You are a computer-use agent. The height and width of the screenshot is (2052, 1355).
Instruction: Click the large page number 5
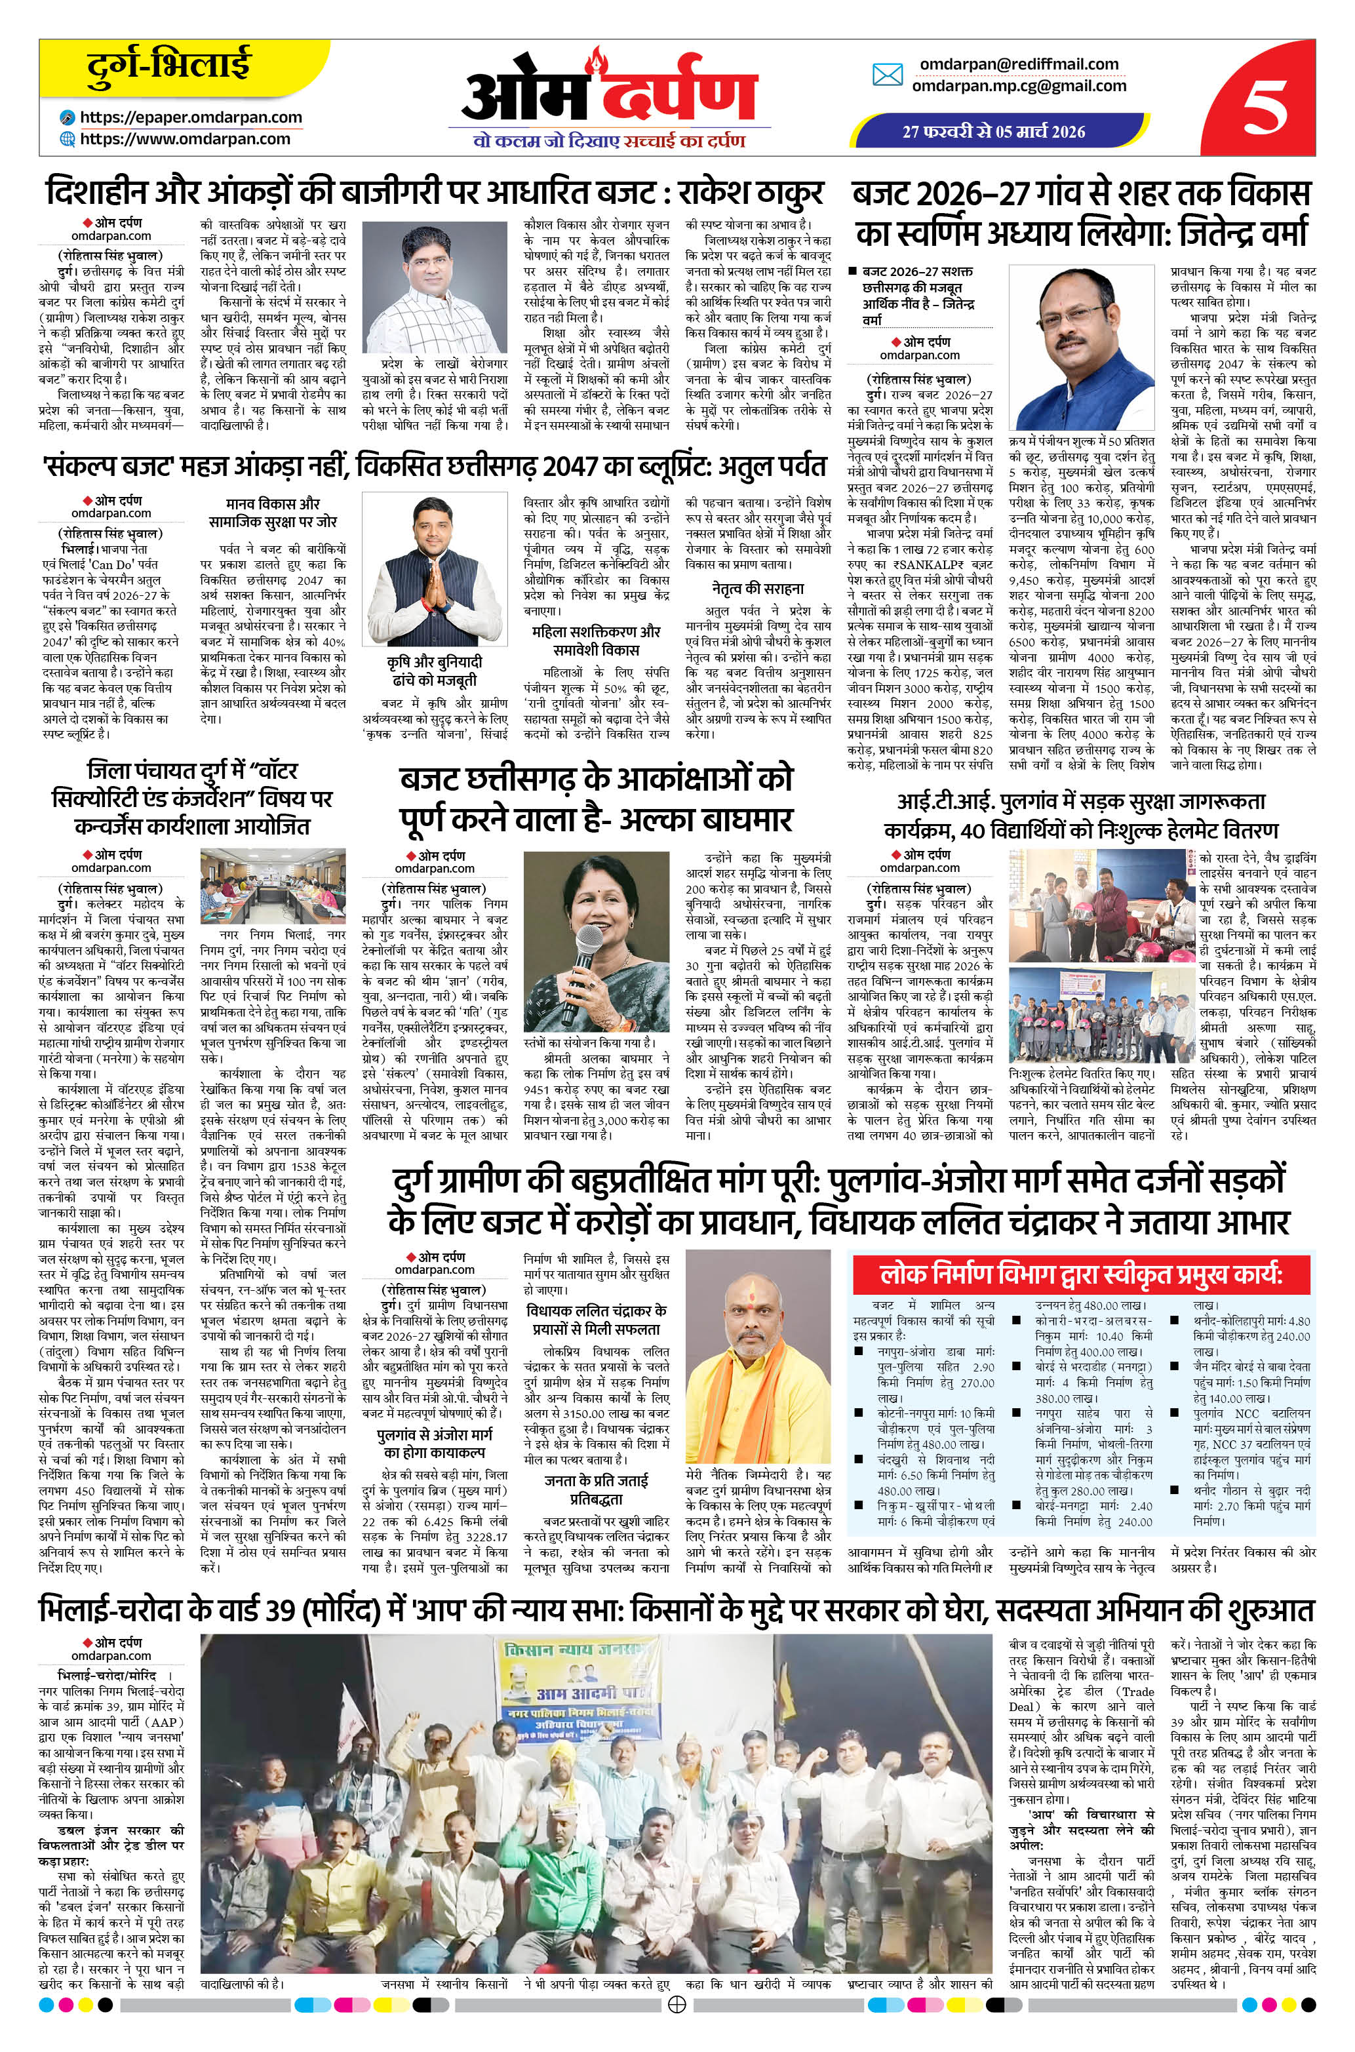point(1267,107)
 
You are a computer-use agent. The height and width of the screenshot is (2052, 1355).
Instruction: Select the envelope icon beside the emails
point(888,75)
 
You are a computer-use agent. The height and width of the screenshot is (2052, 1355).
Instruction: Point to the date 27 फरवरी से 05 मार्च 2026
point(994,132)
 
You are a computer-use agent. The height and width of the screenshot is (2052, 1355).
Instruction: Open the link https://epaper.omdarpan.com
point(191,117)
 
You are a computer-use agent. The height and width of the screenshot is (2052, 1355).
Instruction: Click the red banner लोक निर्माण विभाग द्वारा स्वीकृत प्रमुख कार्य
point(1080,1275)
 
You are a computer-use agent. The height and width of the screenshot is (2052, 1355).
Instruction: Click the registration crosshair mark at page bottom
point(678,2026)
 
